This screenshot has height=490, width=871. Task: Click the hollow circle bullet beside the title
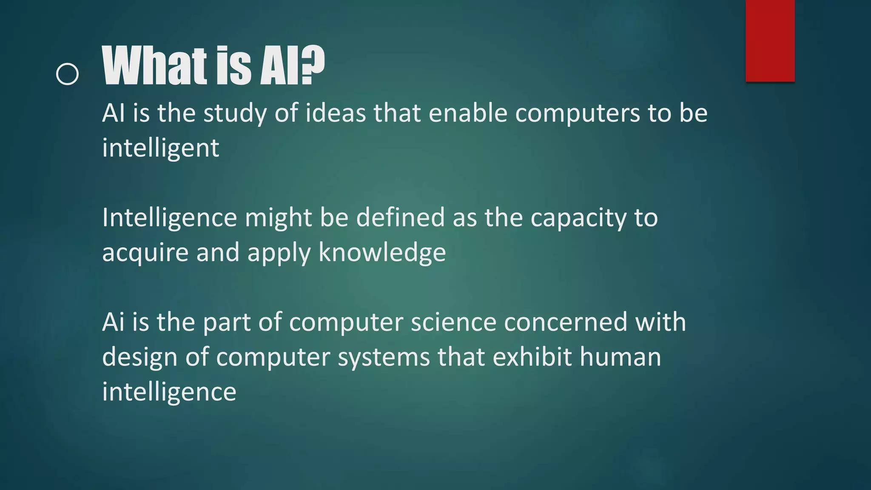point(67,74)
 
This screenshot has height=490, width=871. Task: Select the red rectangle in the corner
point(770,40)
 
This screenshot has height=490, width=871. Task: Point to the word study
point(235,114)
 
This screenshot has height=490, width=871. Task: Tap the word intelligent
point(160,148)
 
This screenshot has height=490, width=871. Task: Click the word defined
point(400,217)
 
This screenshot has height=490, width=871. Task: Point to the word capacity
point(578,218)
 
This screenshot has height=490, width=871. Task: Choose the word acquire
point(145,253)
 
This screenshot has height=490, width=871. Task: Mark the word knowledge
point(382,253)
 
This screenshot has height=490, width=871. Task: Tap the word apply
point(279,253)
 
